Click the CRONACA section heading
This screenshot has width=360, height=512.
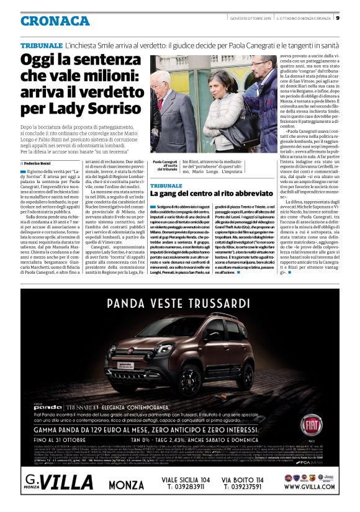point(55,20)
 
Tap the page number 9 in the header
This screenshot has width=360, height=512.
point(354,17)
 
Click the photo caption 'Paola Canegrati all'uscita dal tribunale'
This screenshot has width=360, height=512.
point(164,164)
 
